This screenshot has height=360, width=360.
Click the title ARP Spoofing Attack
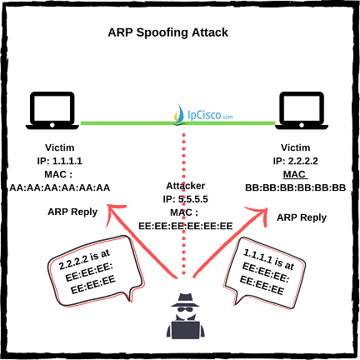[x=180, y=34]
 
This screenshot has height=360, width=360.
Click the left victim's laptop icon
[x=55, y=111]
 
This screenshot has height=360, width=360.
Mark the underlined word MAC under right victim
[x=296, y=173]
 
